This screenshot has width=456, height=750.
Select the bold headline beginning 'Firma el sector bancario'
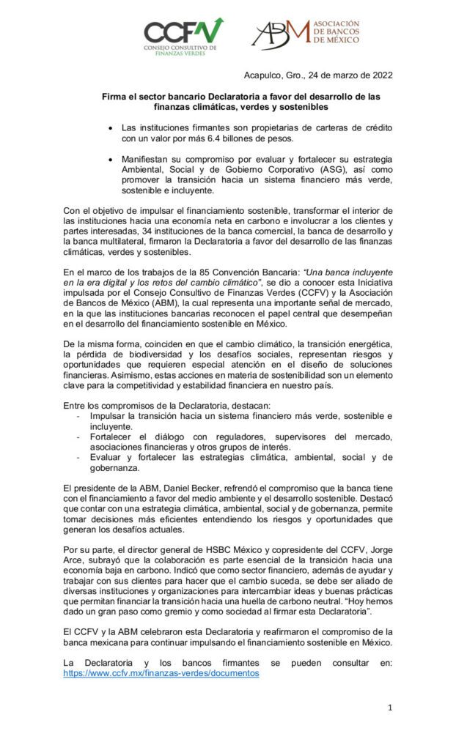tap(242, 102)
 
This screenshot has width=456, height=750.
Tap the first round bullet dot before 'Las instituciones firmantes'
tap(110, 127)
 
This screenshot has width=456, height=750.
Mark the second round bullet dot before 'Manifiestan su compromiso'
tap(110, 157)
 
